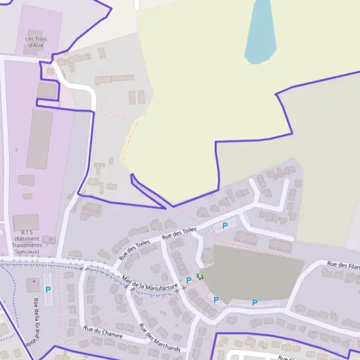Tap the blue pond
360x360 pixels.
pyautogui.click(x=261, y=30)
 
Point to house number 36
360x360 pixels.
pyautogui.click(x=51, y=239)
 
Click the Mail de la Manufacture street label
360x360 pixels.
pyautogui.click(x=150, y=283)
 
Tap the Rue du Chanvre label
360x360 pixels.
pyautogui.click(x=103, y=332)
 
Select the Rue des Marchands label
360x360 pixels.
pyautogui.click(x=159, y=338)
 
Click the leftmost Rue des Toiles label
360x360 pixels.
pyautogui.click(x=134, y=250)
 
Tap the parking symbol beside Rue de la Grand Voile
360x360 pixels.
pyautogui.click(x=48, y=289)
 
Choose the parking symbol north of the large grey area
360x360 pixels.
pyautogui.click(x=225, y=226)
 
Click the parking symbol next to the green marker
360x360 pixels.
pyautogui.click(x=189, y=280)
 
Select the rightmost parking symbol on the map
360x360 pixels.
pyautogui.click(x=254, y=303)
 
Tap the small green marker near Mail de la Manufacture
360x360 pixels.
pyautogui.click(x=200, y=277)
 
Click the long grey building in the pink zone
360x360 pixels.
pyautogui.click(x=39, y=139)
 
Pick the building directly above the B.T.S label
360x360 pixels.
pyautogui.click(x=26, y=223)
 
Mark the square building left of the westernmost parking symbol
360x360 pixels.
pyautogui.click(x=31, y=284)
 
